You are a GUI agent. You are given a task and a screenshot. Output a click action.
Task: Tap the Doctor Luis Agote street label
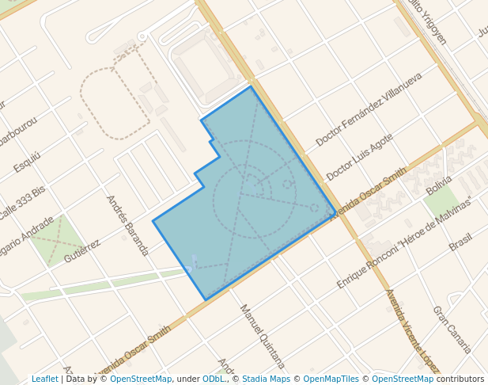[x=359, y=157]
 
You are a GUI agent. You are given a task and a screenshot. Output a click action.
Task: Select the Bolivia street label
[x=439, y=186]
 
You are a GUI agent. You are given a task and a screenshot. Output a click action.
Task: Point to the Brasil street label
[x=460, y=242]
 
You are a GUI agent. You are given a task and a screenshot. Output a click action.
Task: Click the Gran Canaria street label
[x=452, y=330]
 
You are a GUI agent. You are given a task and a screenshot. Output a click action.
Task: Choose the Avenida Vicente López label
[x=411, y=331]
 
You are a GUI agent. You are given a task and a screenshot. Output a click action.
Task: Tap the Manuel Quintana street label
[x=262, y=337]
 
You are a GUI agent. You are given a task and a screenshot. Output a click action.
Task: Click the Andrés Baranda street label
[x=127, y=225]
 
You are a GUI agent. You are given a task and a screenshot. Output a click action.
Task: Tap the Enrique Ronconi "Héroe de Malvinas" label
[x=403, y=242]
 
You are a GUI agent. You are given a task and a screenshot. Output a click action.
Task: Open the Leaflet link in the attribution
[x=44, y=379]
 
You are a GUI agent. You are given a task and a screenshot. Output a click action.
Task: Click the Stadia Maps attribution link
[x=266, y=379]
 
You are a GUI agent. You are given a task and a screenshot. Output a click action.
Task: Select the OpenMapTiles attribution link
[x=332, y=379]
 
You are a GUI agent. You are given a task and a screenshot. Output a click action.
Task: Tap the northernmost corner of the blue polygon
[x=252, y=86]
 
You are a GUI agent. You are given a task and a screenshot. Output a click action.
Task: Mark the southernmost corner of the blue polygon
[x=206, y=300]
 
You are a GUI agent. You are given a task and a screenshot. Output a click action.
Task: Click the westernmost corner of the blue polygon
[x=153, y=221]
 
